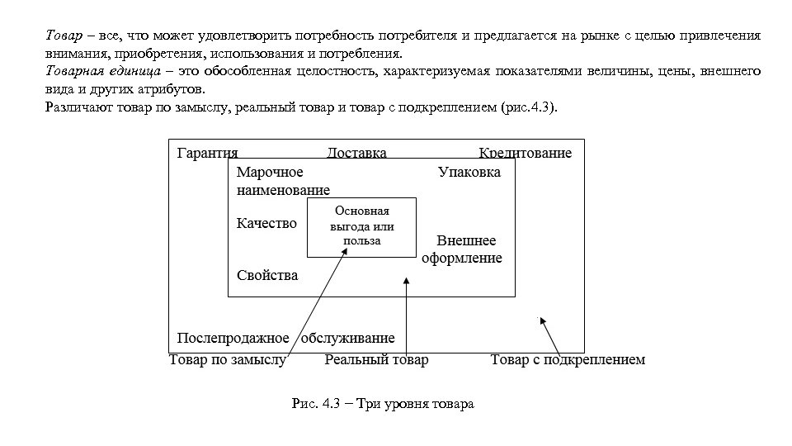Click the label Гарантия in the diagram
click(x=207, y=153)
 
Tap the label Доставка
click(x=356, y=153)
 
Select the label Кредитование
click(x=525, y=153)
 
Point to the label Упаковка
click(x=469, y=173)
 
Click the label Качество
click(x=266, y=224)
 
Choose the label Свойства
click(x=267, y=275)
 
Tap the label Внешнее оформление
click(x=462, y=249)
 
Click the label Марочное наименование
click(x=276, y=182)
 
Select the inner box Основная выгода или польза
click(x=361, y=226)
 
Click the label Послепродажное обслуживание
click(x=285, y=338)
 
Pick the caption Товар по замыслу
click(x=227, y=360)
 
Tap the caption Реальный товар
click(x=376, y=360)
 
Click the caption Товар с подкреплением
click(x=568, y=360)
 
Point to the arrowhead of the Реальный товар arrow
click(x=406, y=282)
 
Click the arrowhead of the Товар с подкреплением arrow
click(x=543, y=320)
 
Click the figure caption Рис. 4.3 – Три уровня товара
click(x=383, y=405)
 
